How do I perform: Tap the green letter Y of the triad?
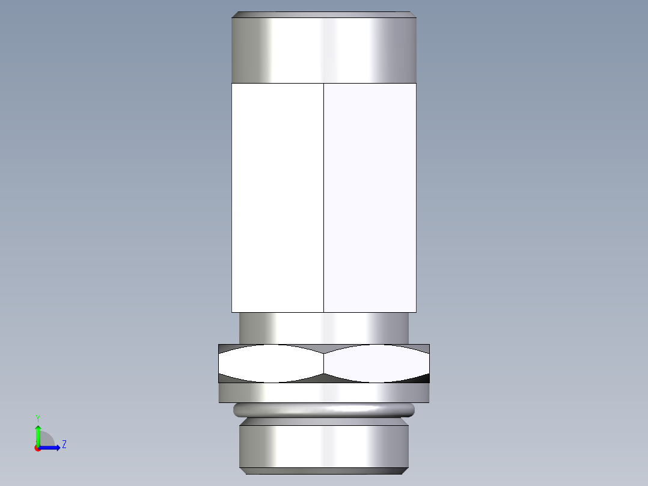(x=38, y=417)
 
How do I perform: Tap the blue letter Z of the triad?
(x=64, y=444)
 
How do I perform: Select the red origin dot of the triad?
(x=37, y=448)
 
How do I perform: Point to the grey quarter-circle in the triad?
(x=46, y=440)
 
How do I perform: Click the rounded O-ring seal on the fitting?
(x=324, y=410)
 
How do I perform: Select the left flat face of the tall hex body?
(x=277, y=197)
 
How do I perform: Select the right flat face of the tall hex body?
(x=370, y=197)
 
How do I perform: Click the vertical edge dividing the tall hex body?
(x=323, y=197)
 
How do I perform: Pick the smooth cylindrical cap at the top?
(x=324, y=50)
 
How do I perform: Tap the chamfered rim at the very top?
(x=324, y=14)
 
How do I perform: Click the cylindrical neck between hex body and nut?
(x=324, y=328)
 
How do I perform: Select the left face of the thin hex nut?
(x=271, y=364)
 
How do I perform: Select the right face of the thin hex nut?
(x=377, y=364)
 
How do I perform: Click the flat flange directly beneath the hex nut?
(x=324, y=393)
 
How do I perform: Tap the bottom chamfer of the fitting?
(x=324, y=470)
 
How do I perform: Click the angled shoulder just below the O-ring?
(x=324, y=422)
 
